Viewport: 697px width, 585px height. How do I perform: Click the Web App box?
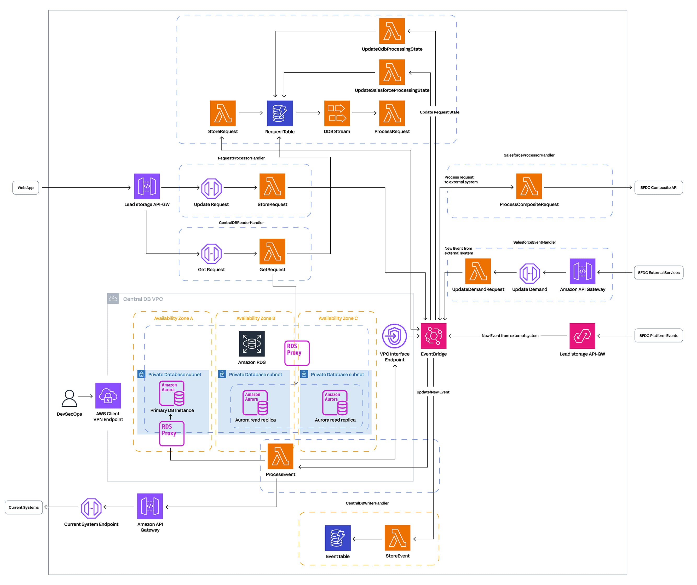pos(26,188)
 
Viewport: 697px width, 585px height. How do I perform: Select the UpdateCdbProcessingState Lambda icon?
pos(392,31)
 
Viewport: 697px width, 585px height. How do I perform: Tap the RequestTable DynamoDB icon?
pos(280,113)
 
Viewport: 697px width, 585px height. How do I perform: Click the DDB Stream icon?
pos(337,113)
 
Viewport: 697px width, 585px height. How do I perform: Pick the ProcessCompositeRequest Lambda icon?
pos(529,186)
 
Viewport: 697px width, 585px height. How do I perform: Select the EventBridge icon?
pos(434,336)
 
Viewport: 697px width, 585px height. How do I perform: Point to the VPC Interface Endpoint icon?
pos(394,336)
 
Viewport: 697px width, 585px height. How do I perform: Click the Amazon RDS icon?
pos(252,344)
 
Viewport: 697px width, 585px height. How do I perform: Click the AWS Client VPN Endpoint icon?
pos(108,395)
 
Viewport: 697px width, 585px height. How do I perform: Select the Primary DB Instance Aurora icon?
pos(172,393)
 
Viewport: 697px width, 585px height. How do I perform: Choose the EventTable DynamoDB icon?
pos(338,538)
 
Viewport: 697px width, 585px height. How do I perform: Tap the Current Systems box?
pos(24,507)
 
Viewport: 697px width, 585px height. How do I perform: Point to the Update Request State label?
pos(439,112)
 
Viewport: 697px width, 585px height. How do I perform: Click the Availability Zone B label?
pos(256,318)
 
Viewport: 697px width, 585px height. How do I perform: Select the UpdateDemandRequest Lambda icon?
pos(478,271)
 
